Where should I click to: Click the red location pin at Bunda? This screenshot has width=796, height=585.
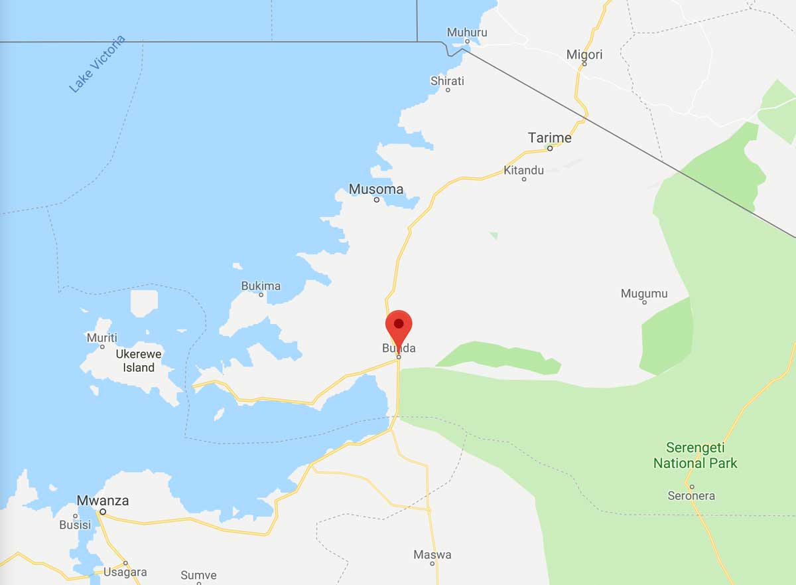pyautogui.click(x=399, y=326)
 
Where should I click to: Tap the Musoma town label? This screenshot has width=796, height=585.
pyautogui.click(x=376, y=189)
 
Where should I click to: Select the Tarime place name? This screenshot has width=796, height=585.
pyautogui.click(x=549, y=137)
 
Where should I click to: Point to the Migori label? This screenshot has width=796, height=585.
pyautogui.click(x=584, y=54)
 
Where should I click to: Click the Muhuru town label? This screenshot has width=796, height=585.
pyautogui.click(x=467, y=32)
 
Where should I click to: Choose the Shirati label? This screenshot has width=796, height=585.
pyautogui.click(x=448, y=81)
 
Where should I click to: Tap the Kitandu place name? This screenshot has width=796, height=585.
pyautogui.click(x=523, y=170)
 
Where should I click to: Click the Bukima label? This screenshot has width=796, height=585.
pyautogui.click(x=261, y=286)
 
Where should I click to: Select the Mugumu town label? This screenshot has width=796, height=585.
pyautogui.click(x=644, y=293)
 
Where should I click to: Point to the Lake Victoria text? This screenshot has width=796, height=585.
pyautogui.click(x=97, y=64)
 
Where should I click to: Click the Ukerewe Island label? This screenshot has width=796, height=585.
pyautogui.click(x=139, y=361)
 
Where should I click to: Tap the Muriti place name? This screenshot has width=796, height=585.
pyautogui.click(x=102, y=338)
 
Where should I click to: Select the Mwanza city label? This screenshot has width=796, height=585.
pyautogui.click(x=103, y=501)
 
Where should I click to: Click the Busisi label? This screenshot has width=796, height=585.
pyautogui.click(x=74, y=525)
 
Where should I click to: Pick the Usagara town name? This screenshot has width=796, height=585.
pyautogui.click(x=125, y=572)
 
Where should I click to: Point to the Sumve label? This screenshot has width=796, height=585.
pyautogui.click(x=199, y=575)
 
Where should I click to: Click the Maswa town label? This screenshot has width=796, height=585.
pyautogui.click(x=432, y=554)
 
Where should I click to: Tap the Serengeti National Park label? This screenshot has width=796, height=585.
pyautogui.click(x=695, y=455)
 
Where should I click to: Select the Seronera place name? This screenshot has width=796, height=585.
pyautogui.click(x=692, y=495)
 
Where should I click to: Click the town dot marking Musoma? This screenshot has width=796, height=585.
pyautogui.click(x=376, y=200)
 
